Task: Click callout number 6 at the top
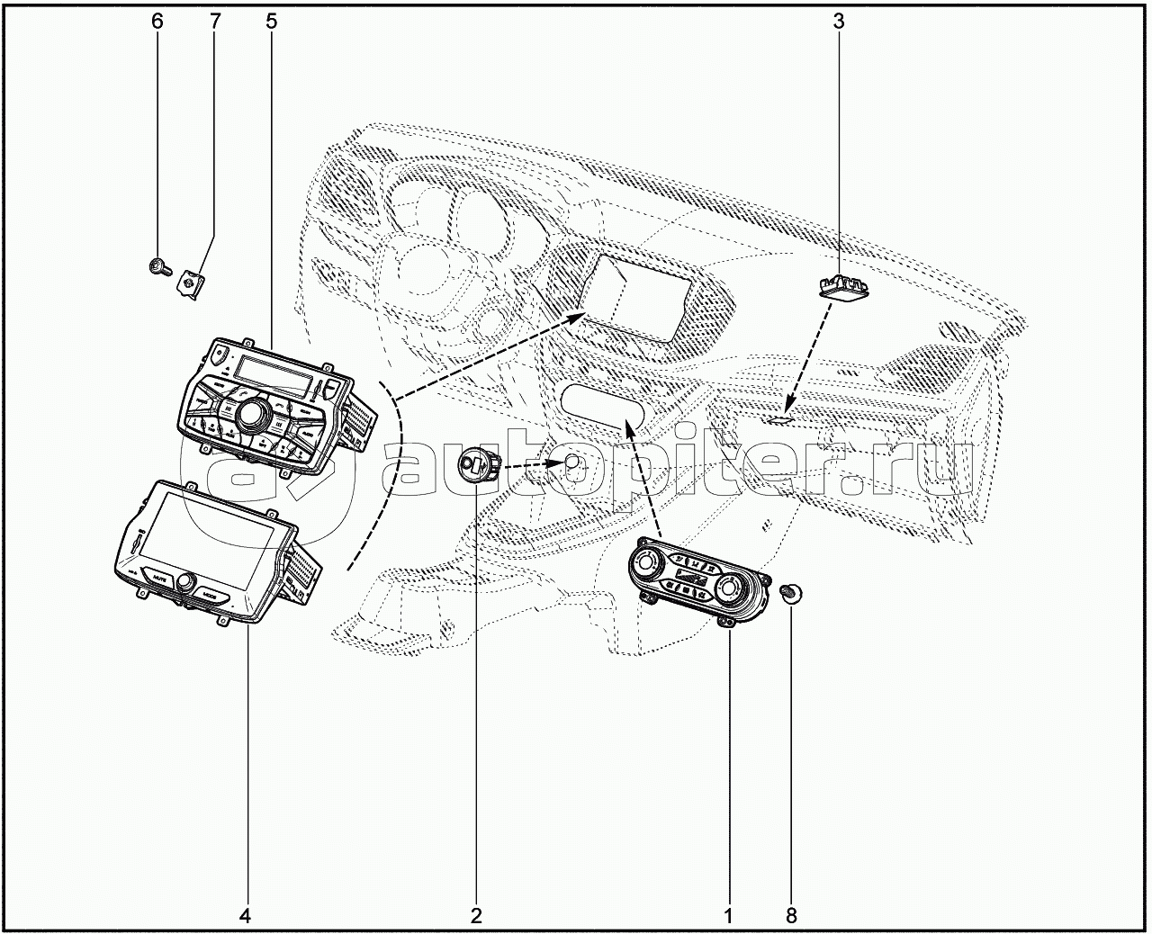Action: pos(157,21)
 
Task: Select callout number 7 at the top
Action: pos(214,21)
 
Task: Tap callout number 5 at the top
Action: pos(271,21)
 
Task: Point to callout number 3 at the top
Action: pos(838,21)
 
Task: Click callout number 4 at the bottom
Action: pos(245,916)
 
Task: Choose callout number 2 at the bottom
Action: pos(475,916)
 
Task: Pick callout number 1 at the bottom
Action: pos(727,916)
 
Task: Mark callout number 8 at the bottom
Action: pos(791,916)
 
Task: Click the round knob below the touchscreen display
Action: pos(186,583)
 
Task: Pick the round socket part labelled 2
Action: pos(473,466)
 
